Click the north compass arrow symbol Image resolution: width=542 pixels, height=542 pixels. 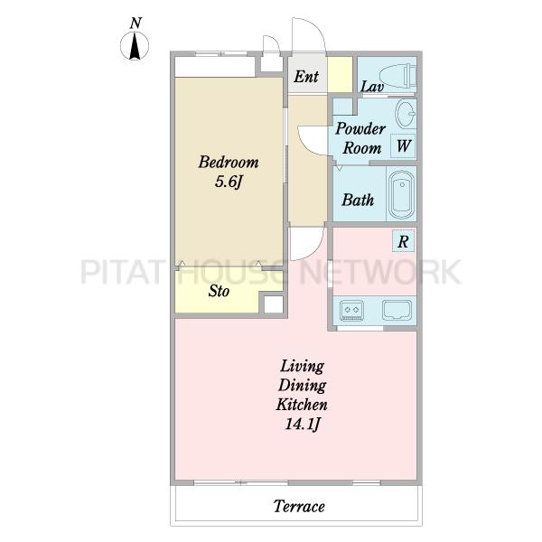tap(135, 46)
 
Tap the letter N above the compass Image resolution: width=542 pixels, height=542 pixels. tap(135, 23)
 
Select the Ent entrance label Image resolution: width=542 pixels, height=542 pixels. tap(306, 77)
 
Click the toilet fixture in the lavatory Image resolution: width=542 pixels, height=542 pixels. tap(397, 75)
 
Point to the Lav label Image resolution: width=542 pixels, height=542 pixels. tap(372, 87)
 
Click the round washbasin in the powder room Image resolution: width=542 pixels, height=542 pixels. tap(405, 113)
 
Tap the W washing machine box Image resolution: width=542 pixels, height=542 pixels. tap(403, 145)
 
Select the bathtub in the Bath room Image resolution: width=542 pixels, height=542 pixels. tap(402, 194)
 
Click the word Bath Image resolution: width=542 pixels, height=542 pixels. tap(358, 201)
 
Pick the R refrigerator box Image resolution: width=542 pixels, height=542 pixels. tap(403, 241)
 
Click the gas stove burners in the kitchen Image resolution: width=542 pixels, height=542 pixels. tap(352, 310)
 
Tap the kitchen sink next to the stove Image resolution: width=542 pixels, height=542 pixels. tap(397, 310)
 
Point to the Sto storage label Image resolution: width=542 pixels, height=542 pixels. tap(219, 291)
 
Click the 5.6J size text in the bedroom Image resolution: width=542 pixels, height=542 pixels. tap(229, 182)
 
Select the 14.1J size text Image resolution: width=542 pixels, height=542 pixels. tap(302, 424)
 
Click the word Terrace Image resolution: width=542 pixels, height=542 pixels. tap(299, 507)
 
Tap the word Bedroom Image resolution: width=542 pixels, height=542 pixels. tap(229, 162)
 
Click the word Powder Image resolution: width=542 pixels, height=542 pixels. tap(360, 128)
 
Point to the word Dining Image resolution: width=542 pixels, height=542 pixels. tap(302, 386)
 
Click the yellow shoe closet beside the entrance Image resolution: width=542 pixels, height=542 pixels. tap(340, 74)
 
